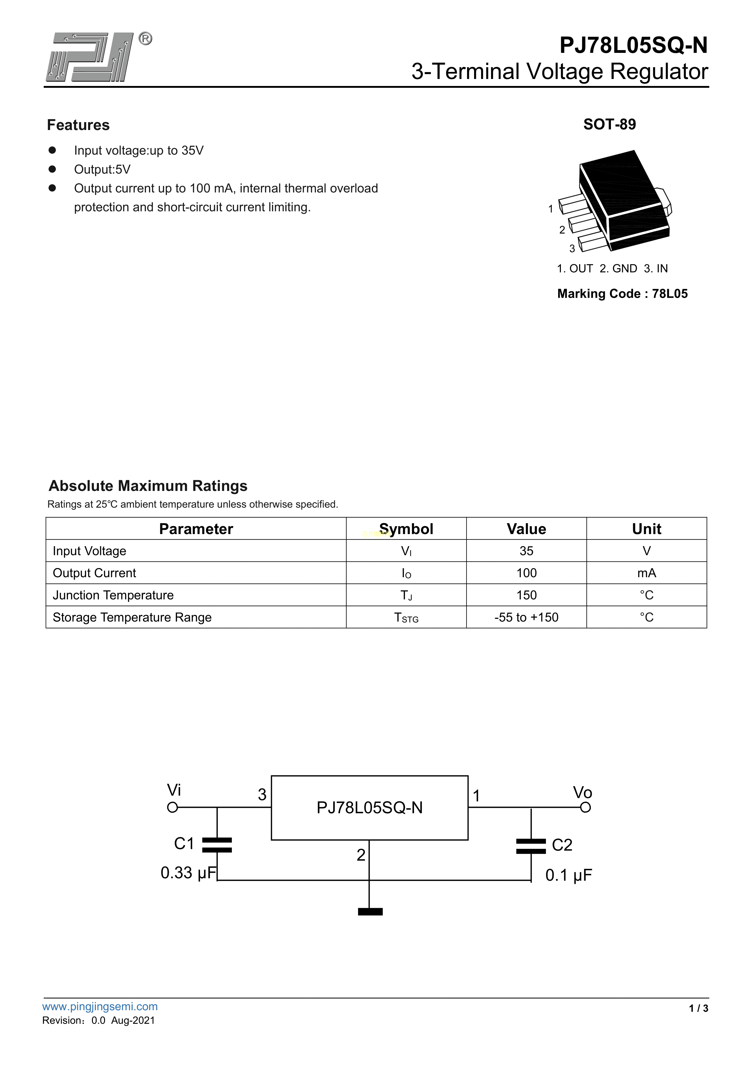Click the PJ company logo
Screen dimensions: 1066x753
tap(90, 57)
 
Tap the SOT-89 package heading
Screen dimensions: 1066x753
tap(609, 125)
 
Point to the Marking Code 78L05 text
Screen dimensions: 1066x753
tap(622, 293)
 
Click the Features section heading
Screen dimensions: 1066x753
tap(78, 125)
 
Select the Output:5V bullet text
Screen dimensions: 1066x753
tap(102, 170)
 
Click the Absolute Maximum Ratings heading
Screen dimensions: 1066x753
tap(148, 486)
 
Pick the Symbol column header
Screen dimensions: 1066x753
tap(406, 529)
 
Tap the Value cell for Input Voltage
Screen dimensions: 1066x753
tap(526, 551)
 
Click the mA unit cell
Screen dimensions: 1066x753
tap(646, 573)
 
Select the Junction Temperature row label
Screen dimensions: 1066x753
tap(113, 595)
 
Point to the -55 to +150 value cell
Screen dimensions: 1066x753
tap(526, 618)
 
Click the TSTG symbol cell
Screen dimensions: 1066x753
tap(406, 618)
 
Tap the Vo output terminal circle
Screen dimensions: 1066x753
tap(585, 807)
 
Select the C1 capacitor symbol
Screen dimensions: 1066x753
tap(217, 845)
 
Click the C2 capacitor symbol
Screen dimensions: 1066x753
tap(531, 846)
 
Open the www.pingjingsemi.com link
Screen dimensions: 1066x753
tap(100, 1006)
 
